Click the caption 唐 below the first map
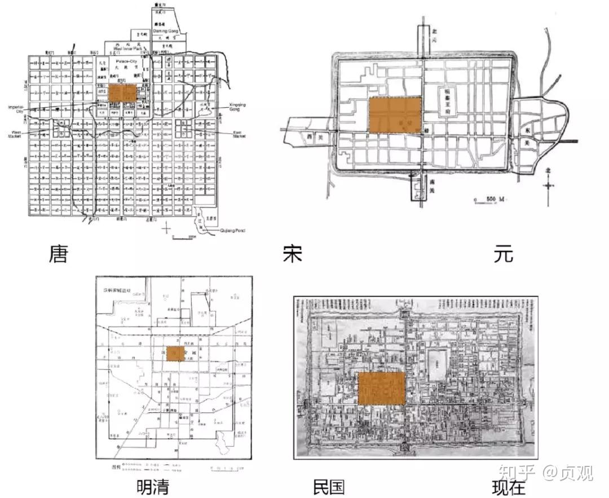[58, 255]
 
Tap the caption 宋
[293, 255]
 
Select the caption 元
[503, 255]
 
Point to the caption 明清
[153, 487]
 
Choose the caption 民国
[329, 487]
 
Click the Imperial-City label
[15, 108]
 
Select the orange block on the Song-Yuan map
[395, 116]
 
